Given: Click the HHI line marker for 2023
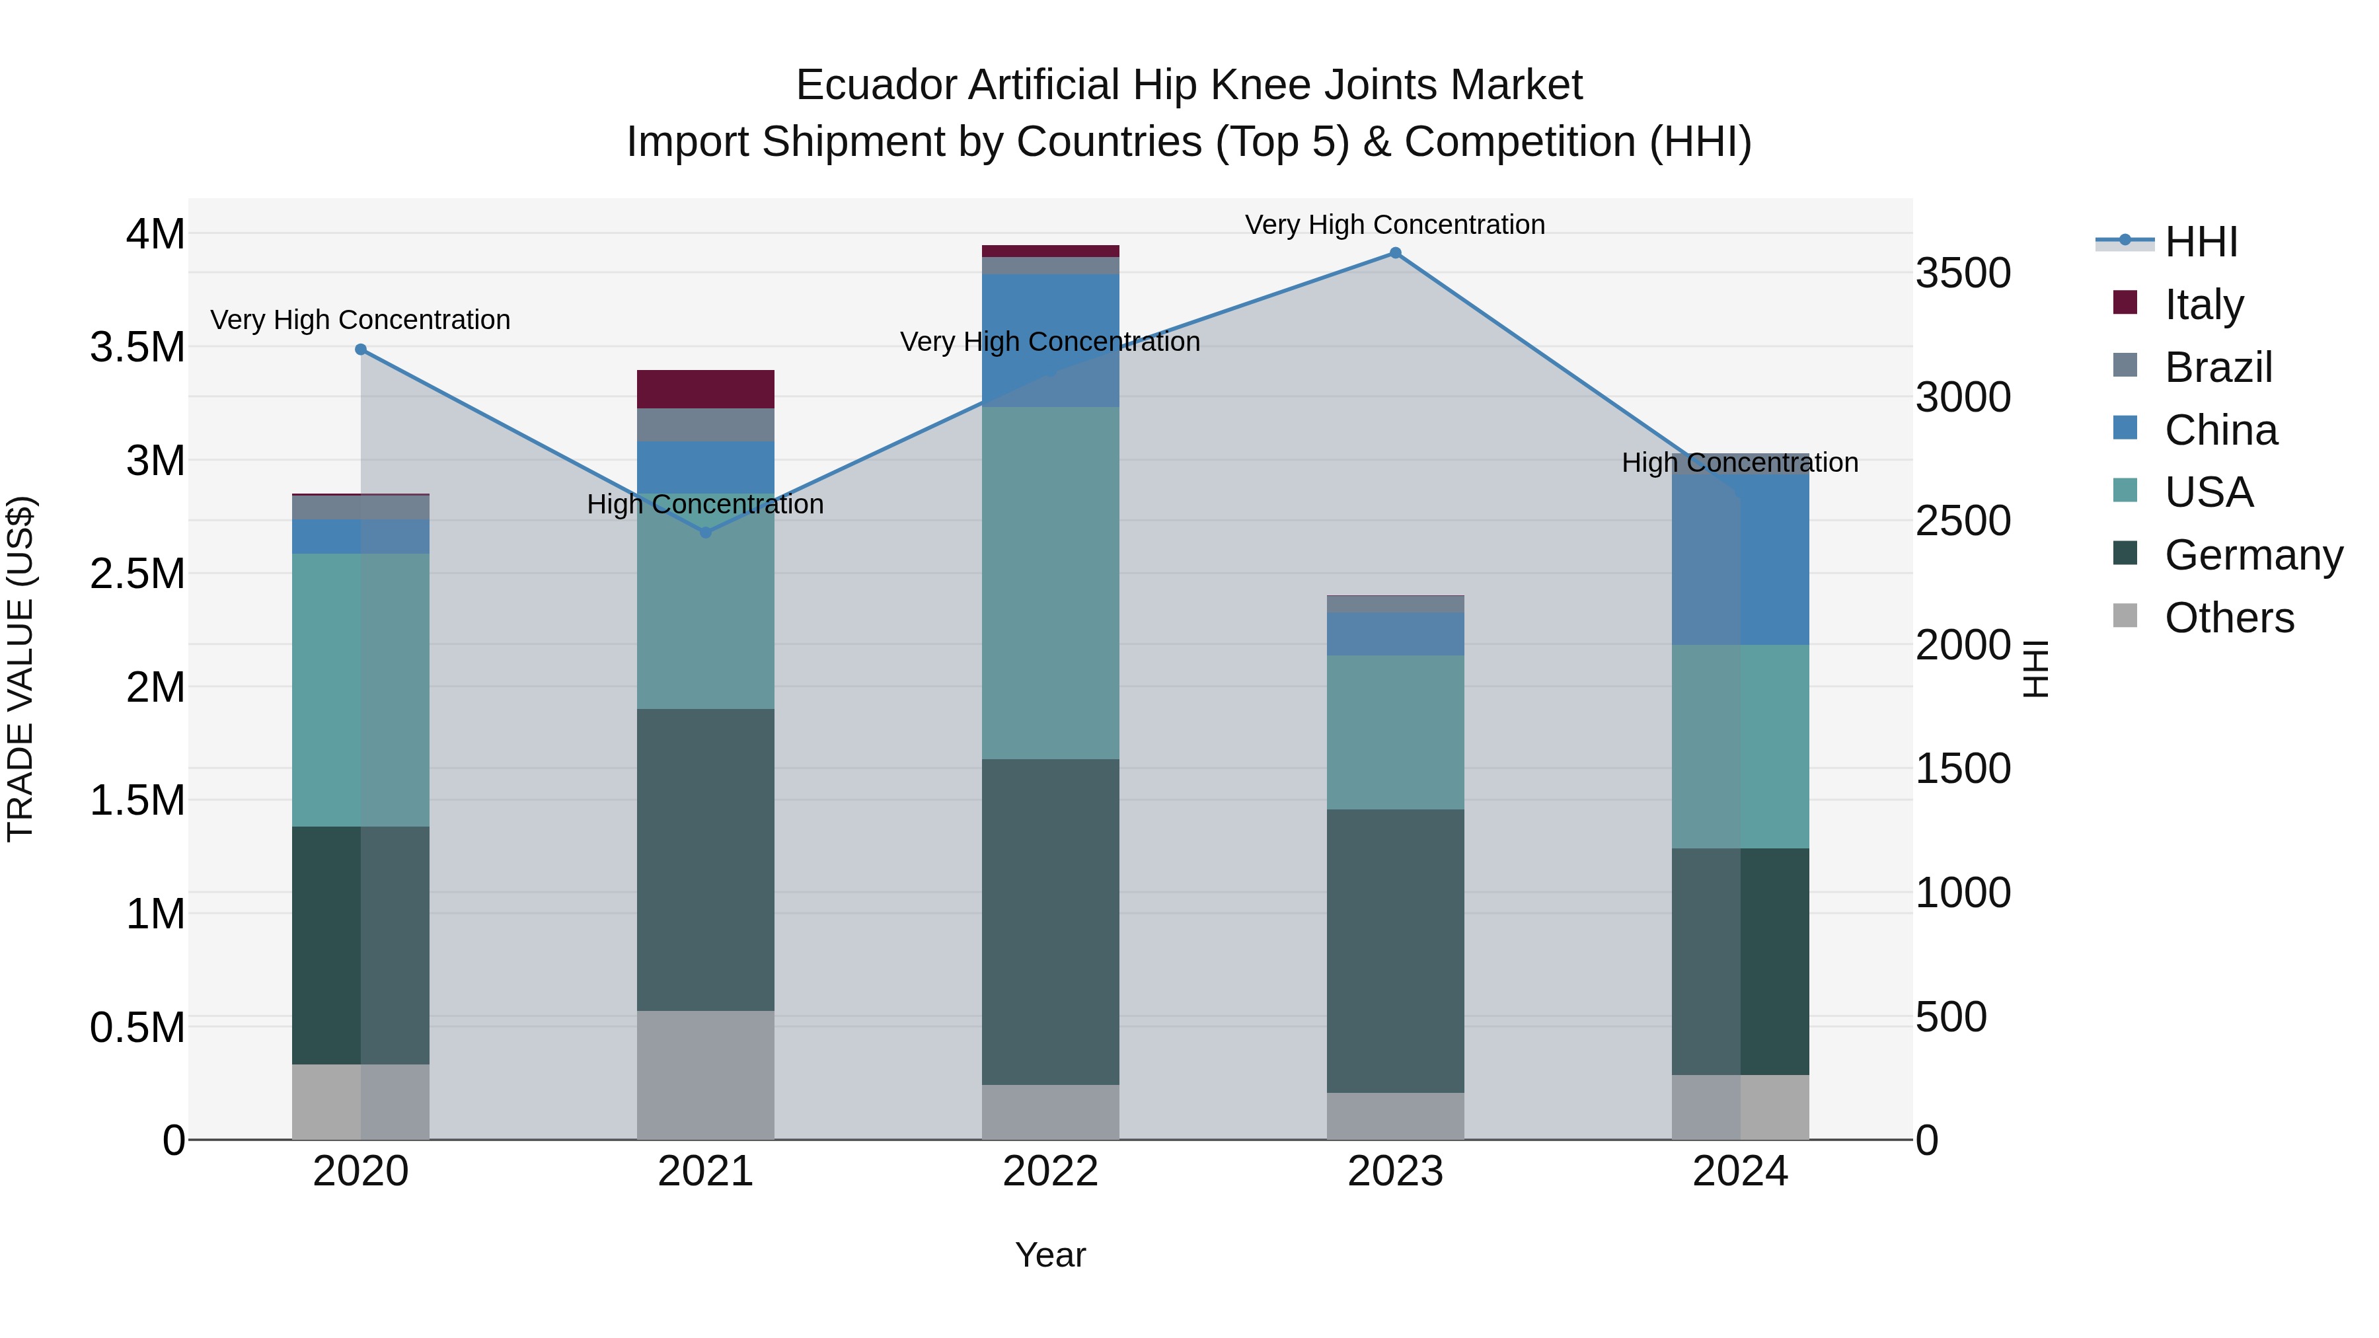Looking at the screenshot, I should click(1396, 253).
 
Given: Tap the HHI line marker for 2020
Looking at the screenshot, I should click(361, 349).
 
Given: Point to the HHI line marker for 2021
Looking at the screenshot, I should click(706, 533).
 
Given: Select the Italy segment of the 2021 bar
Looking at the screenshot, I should click(706, 389).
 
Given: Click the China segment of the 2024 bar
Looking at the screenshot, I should click(1740, 554).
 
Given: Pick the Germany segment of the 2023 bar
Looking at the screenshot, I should click(1396, 951).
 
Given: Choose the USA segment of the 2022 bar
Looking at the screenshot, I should click(1050, 583).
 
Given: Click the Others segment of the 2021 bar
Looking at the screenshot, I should click(706, 1075).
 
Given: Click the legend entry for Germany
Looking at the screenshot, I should click(2253, 555).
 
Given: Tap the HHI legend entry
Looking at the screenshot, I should click(2200, 242).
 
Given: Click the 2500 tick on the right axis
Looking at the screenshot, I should click(1963, 521).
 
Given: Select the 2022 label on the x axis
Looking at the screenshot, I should click(1050, 1171).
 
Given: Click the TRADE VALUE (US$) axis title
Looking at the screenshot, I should click(20, 669).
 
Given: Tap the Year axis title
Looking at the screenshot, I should click(1050, 1255).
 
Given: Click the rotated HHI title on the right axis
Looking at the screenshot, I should click(2035, 669).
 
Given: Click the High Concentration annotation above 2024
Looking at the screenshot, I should click(1740, 463).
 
